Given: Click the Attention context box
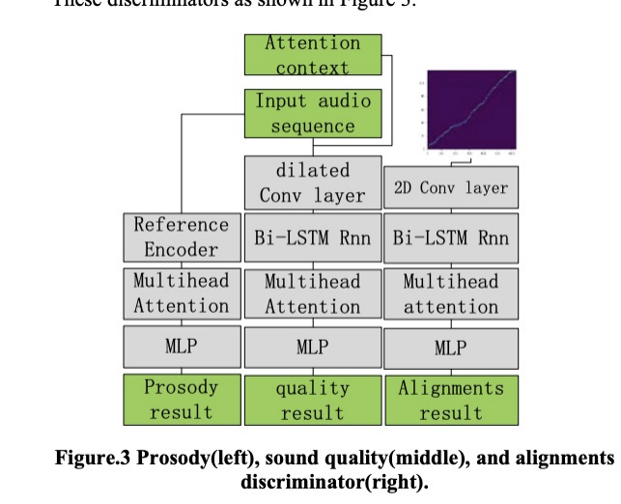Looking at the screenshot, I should tap(312, 55).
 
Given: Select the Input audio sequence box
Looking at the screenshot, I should tap(312, 113).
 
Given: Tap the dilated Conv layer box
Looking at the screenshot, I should tap(312, 182).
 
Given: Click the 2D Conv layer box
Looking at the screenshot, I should tap(450, 187).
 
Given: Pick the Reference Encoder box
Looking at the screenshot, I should tap(181, 237).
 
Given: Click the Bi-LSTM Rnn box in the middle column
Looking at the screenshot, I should tap(312, 238).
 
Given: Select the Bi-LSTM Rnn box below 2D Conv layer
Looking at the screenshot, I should tap(450, 238).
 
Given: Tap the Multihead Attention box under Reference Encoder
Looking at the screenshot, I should tap(181, 294).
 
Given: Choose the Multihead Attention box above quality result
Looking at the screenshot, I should tap(312, 294).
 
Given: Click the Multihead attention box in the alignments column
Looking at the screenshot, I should tap(450, 294).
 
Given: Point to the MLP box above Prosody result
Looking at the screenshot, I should tap(181, 347).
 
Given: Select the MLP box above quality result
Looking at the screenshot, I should tap(312, 347).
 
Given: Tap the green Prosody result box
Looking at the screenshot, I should tap(181, 400).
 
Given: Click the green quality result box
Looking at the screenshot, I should tap(312, 400).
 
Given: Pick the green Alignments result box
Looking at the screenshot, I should tap(450, 400).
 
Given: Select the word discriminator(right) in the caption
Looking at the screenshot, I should tap(334, 481).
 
